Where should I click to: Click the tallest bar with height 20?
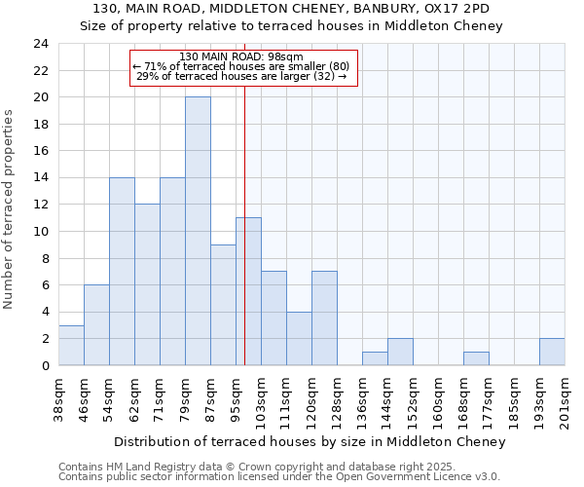pos(198,231)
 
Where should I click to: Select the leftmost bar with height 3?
pos(71,345)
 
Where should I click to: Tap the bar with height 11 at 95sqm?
pos(248,291)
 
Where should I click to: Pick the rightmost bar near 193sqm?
pos(552,352)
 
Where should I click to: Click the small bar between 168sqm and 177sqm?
pos(476,358)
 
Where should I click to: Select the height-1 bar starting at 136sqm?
pos(375,358)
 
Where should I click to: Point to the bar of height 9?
pos(223,305)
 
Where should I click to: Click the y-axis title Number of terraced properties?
pos(10,209)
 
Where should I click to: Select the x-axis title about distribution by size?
pos(310,441)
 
